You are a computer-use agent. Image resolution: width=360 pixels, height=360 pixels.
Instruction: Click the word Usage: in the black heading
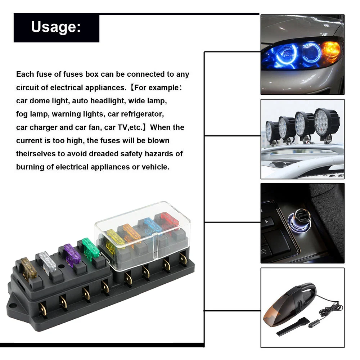(56, 27)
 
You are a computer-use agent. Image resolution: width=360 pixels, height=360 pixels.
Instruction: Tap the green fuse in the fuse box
(91, 248)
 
